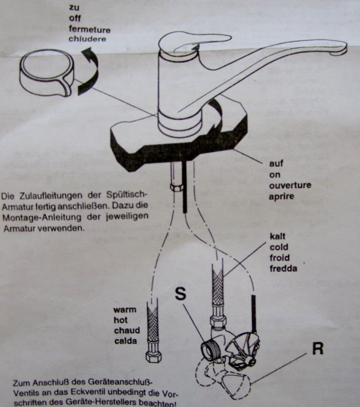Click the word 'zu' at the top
(x=73, y=8)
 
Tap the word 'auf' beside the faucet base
(x=276, y=164)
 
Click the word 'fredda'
(x=284, y=267)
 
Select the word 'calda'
(x=123, y=342)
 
